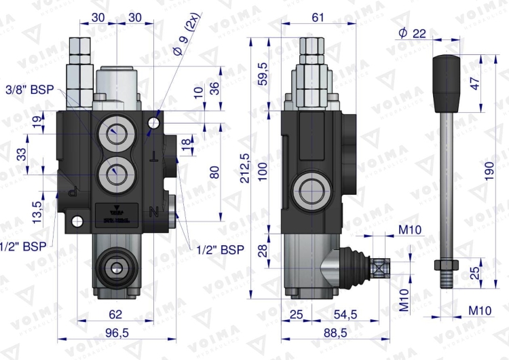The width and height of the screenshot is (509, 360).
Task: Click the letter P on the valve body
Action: point(73,192)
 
